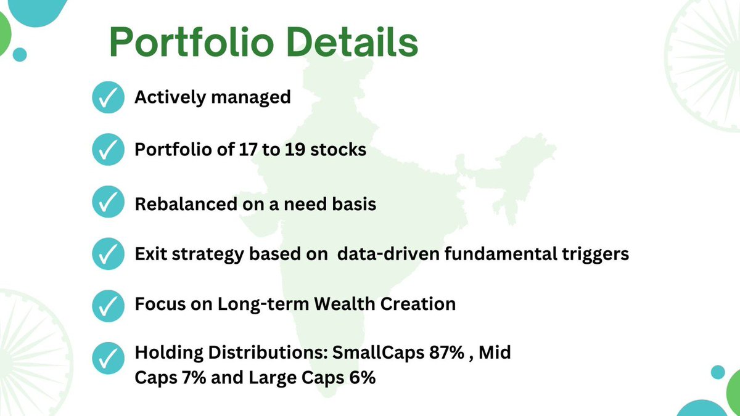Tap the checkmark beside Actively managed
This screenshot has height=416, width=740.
click(108, 98)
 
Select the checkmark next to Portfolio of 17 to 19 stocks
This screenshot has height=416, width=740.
click(108, 150)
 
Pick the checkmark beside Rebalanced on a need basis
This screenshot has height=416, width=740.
click(108, 202)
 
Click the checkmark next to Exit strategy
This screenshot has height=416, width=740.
click(108, 254)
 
